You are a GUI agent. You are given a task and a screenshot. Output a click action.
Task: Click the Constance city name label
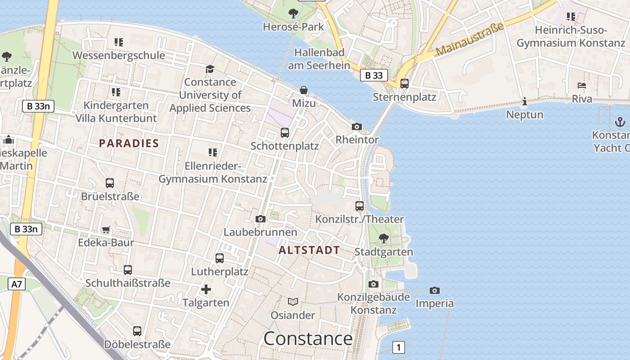(x=308, y=338)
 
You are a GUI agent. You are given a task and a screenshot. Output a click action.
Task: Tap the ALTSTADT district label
(x=309, y=250)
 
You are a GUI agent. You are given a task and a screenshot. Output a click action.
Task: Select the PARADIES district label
(x=129, y=144)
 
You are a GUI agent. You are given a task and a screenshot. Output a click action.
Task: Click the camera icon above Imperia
(x=434, y=290)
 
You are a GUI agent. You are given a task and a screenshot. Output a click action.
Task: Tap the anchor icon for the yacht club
(x=620, y=122)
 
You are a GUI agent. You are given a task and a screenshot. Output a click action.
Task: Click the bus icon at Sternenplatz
(x=405, y=83)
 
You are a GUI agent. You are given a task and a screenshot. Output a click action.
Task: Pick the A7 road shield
(x=17, y=284)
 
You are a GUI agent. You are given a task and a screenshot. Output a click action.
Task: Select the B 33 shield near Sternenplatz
(x=374, y=75)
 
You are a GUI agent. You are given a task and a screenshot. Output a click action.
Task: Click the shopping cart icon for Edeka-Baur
(x=106, y=230)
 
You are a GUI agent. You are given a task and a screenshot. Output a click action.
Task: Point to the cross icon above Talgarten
(x=206, y=289)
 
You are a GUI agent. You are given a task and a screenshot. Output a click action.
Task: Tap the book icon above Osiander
(x=293, y=301)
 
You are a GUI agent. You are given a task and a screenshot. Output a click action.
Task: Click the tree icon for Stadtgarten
(x=384, y=238)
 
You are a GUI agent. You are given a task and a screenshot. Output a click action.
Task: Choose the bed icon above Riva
(x=582, y=85)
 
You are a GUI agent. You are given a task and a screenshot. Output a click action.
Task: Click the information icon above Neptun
(x=524, y=102)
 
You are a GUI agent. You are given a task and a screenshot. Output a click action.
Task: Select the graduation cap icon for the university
(x=210, y=69)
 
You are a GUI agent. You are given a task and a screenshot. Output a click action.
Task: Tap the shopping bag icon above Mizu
(x=304, y=90)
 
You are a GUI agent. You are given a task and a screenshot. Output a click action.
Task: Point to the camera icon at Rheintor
(x=357, y=126)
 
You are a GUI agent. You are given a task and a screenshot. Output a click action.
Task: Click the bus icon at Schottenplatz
(x=285, y=133)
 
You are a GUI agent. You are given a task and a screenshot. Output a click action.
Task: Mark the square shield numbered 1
(x=398, y=347)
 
